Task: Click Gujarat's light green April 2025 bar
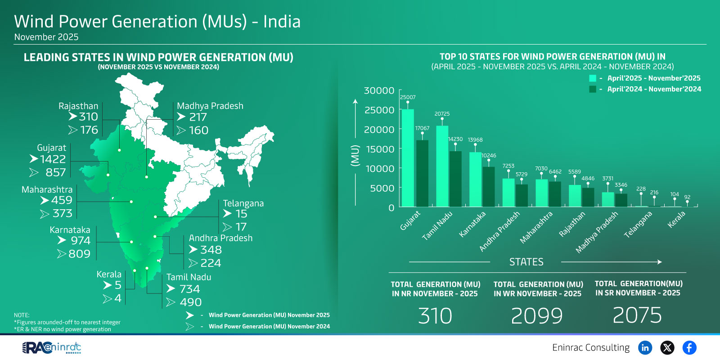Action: [408, 157]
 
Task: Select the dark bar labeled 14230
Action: [455, 179]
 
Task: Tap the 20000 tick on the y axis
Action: [379, 130]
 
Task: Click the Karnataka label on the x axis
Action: [472, 224]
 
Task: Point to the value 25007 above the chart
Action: [408, 97]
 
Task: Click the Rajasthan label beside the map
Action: [78, 106]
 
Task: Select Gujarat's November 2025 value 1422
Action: [53, 159]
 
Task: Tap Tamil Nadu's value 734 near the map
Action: [189, 289]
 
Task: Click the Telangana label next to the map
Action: [243, 203]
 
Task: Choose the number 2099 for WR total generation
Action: [537, 316]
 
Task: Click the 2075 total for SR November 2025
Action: [637, 315]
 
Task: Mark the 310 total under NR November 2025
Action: [435, 316]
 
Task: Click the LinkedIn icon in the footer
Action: [645, 347]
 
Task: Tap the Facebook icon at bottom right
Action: [689, 347]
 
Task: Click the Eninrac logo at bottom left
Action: [52, 347]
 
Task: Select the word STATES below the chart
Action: [526, 262]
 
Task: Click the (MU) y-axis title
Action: [355, 156]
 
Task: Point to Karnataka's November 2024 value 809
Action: [80, 254]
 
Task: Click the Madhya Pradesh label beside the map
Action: [210, 106]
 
